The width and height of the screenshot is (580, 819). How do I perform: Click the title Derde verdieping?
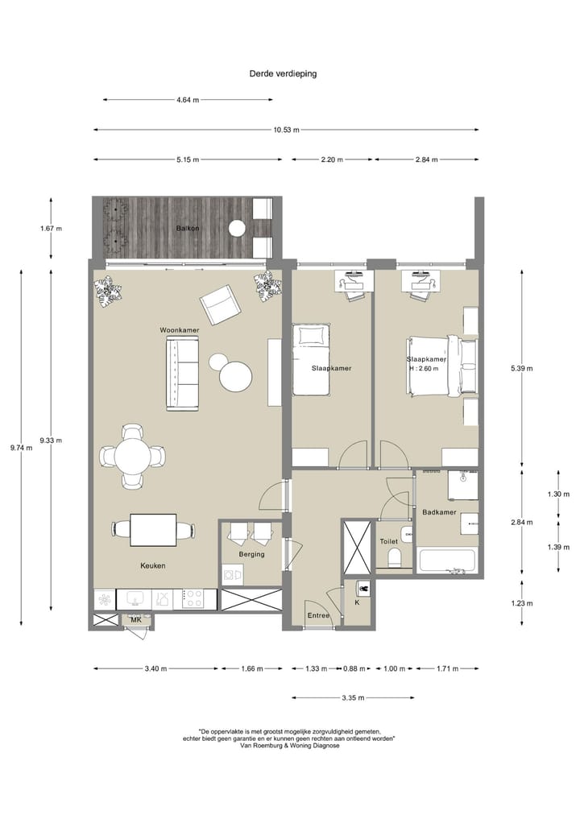[283, 73]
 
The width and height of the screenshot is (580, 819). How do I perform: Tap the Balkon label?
[188, 228]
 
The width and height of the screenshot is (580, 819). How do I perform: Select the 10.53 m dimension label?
[286, 130]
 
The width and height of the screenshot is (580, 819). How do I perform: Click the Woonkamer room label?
[179, 330]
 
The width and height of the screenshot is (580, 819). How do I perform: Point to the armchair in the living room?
[220, 304]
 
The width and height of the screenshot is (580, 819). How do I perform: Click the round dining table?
[133, 456]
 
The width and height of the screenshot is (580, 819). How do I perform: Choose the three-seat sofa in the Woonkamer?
[182, 373]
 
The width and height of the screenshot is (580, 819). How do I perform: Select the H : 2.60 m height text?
[424, 369]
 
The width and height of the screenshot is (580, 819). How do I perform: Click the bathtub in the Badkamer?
[447, 561]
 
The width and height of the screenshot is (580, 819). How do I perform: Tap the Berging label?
[252, 554]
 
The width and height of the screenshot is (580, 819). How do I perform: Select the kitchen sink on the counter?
[135, 598]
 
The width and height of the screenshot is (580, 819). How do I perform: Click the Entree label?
[318, 616]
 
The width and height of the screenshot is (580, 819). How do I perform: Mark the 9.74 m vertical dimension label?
[21, 448]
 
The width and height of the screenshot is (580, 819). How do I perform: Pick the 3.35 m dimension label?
[353, 698]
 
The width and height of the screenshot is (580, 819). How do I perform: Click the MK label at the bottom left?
[136, 620]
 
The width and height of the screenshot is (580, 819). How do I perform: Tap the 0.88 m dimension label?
[354, 668]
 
